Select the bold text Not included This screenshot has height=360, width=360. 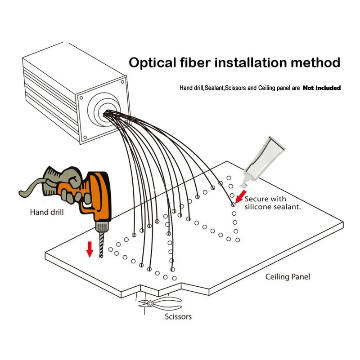[x=321, y=88]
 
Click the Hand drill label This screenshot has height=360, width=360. [x=47, y=212]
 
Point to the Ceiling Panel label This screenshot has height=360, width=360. [x=288, y=277]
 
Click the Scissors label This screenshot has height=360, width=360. [x=177, y=316]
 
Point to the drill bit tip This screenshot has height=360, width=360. [x=100, y=257]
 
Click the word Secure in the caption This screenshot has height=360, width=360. [x=257, y=198]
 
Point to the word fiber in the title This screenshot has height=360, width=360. [x=195, y=62]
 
